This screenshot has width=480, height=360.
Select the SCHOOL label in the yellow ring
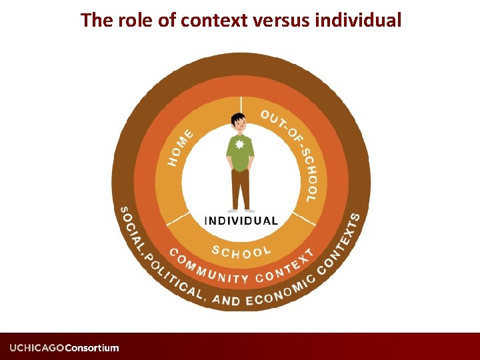click(x=241, y=251)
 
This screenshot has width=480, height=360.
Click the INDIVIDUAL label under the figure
click(x=241, y=221)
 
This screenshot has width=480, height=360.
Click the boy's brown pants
click(x=240, y=189)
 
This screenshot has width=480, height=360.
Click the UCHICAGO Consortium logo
click(x=64, y=347)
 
